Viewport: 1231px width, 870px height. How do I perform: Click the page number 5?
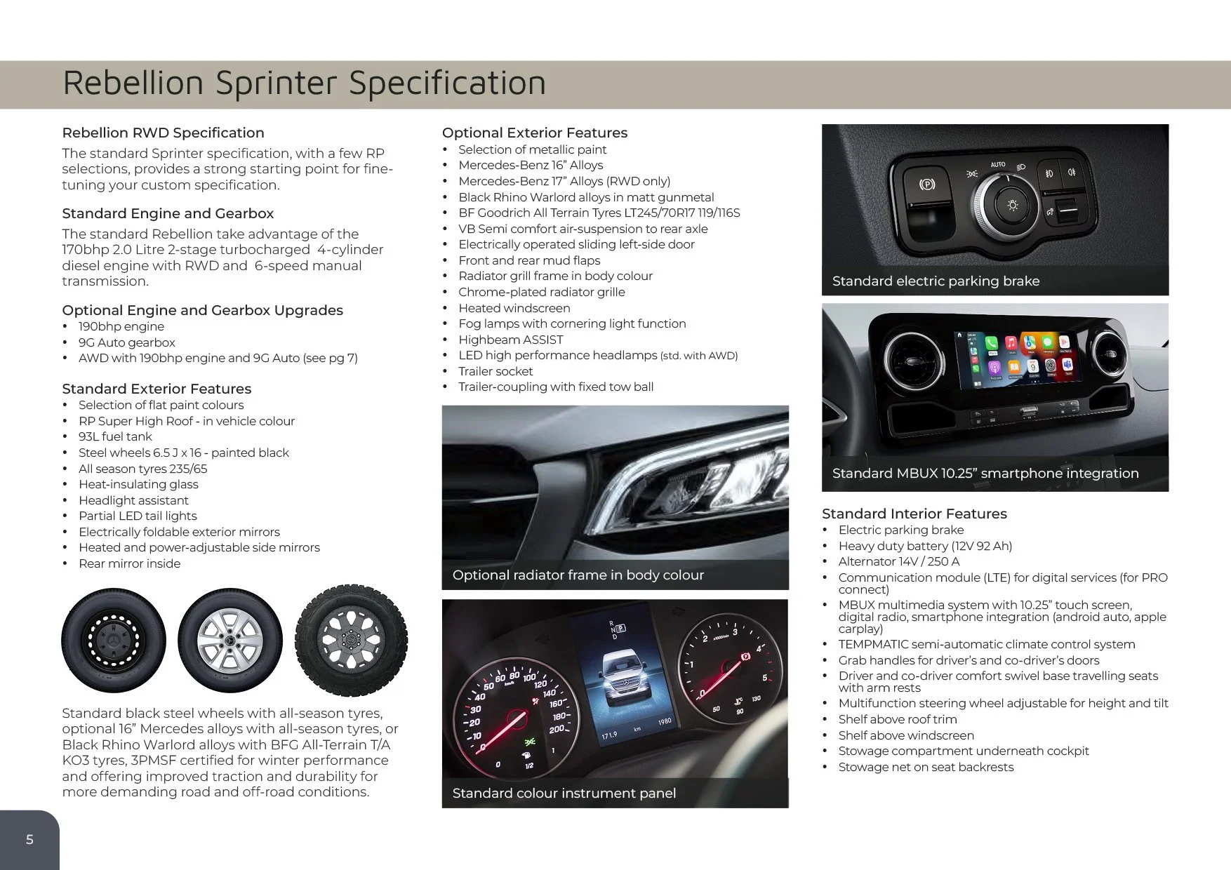pyautogui.click(x=29, y=840)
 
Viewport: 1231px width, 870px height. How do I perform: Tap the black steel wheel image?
pyautogui.click(x=114, y=641)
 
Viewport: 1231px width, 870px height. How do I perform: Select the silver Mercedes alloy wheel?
pyautogui.click(x=230, y=641)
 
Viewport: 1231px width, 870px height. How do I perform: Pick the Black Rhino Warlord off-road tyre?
pyautogui.click(x=351, y=641)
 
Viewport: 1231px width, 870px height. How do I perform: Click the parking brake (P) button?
pyautogui.click(x=927, y=185)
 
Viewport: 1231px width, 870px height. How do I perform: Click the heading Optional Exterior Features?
pyautogui.click(x=535, y=133)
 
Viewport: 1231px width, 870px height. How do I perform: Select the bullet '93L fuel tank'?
pyautogui.click(x=115, y=436)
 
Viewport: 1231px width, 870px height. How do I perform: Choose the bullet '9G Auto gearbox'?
pyautogui.click(x=127, y=342)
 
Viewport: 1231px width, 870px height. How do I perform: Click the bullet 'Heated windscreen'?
pyautogui.click(x=514, y=308)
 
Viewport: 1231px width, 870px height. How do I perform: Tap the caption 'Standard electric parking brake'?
pyautogui.click(x=936, y=281)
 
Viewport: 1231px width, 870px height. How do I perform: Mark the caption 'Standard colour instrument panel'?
pyautogui.click(x=564, y=794)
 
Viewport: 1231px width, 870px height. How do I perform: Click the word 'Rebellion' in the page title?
pyautogui.click(x=133, y=82)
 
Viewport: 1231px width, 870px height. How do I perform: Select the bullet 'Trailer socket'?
pyautogui.click(x=495, y=371)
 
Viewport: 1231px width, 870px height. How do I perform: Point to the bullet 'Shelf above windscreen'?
pyautogui.click(x=906, y=735)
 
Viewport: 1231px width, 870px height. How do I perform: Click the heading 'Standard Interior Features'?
pyautogui.click(x=914, y=514)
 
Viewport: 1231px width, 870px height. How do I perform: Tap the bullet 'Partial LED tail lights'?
pyautogui.click(x=138, y=516)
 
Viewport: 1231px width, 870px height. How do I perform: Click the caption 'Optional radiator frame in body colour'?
pyautogui.click(x=578, y=575)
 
